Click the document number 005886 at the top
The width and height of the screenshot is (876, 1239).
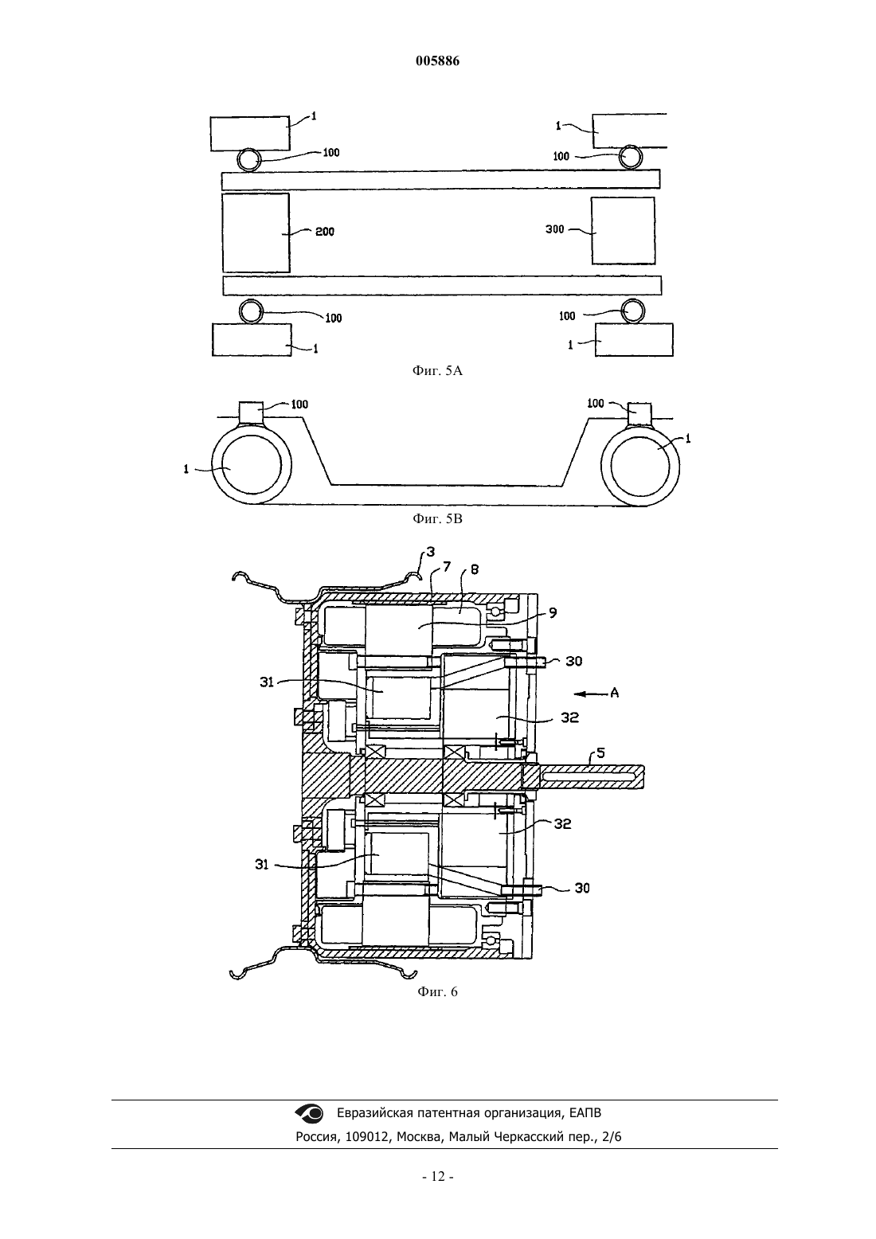click(x=437, y=61)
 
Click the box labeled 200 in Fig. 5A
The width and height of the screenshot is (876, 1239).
click(x=256, y=233)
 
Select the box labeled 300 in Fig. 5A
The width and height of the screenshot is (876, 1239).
click(x=624, y=231)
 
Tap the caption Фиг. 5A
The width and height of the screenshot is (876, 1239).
click(x=437, y=371)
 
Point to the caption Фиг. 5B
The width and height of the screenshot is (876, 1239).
click(x=437, y=519)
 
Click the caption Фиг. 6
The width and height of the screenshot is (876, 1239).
click(x=437, y=991)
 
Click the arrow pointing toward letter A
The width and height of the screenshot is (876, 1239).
click(x=590, y=693)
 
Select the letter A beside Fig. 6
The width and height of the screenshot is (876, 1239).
click(x=614, y=693)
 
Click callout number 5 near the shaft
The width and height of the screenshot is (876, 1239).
click(x=601, y=752)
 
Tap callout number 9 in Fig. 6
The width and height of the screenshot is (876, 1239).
click(x=553, y=613)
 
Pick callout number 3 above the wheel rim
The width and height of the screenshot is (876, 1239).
click(x=430, y=552)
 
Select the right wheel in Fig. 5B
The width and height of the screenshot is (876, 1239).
click(x=640, y=467)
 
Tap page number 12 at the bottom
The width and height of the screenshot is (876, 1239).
click(x=437, y=1176)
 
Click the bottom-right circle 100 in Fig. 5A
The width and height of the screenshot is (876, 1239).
click(x=632, y=311)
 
